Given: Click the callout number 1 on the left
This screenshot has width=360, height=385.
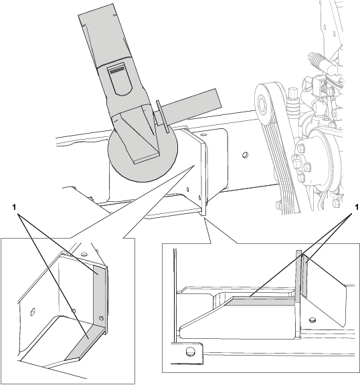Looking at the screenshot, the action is pyautogui.click(x=14, y=207).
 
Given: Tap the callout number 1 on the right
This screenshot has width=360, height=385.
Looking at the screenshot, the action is pyautogui.click(x=356, y=208).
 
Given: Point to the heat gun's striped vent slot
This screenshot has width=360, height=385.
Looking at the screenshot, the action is pyautogui.click(x=117, y=72).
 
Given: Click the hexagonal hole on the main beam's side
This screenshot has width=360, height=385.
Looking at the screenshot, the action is pyautogui.click(x=245, y=155).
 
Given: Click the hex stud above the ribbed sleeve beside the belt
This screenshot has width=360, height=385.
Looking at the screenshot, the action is pyautogui.click(x=293, y=94).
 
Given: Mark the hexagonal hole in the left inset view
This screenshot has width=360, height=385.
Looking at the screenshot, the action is pyautogui.click(x=32, y=312).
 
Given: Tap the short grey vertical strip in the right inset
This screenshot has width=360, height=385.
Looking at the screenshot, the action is pyautogui.click(x=304, y=275).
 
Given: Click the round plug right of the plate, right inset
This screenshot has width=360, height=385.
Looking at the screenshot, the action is pyautogui.click(x=312, y=319).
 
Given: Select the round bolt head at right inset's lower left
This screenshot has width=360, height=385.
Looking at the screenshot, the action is pyautogui.click(x=190, y=352).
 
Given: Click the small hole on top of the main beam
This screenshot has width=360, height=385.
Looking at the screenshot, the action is pyautogui.click(x=203, y=134).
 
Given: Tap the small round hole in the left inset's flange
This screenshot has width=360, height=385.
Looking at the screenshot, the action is pyautogui.click(x=101, y=318).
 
